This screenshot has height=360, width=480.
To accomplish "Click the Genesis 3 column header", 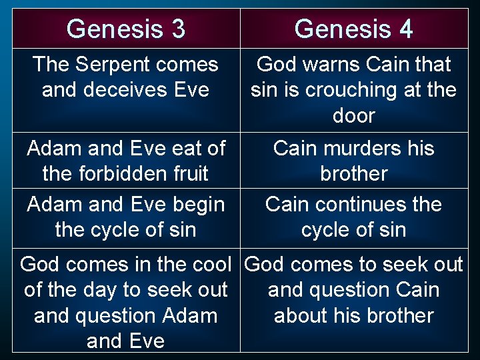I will click(x=126, y=29).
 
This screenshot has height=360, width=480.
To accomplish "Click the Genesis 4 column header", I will click(x=353, y=29).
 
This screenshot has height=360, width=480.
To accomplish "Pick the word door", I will click(x=353, y=115).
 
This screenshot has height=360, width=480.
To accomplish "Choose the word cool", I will click(x=209, y=265).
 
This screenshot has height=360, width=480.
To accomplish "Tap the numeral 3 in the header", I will click(x=177, y=29).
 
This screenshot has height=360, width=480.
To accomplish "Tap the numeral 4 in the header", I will click(x=405, y=29).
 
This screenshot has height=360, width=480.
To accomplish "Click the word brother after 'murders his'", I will click(x=353, y=173).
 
